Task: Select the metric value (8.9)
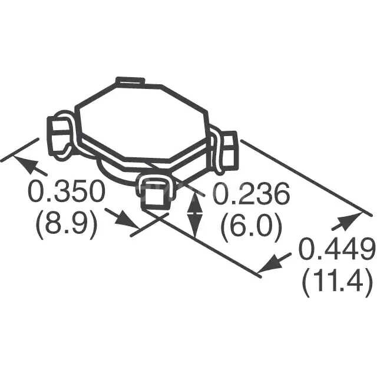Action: pos(67,224)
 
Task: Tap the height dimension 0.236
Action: pos(251,194)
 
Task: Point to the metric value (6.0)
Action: pos(251,226)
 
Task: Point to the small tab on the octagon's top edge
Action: pos(130,81)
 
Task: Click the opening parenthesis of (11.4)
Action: pos(307,285)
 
